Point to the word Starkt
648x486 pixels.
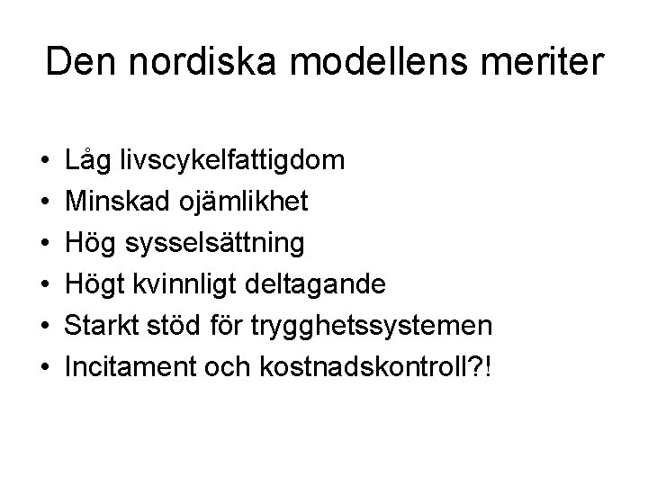click(98, 326)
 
